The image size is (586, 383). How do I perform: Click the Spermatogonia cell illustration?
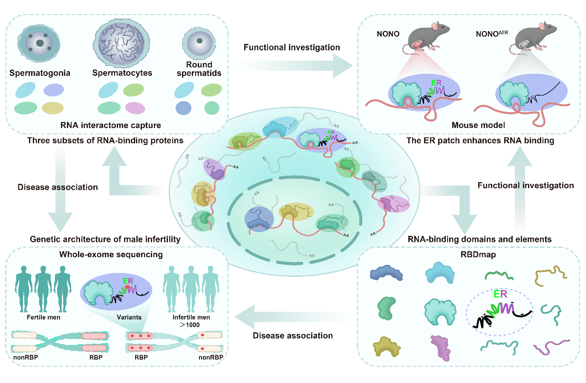tap(39, 44)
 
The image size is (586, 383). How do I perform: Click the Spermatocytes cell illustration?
tap(122, 43)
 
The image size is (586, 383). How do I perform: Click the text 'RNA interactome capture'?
tap(111, 125)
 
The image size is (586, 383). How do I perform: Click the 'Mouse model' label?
tap(478, 125)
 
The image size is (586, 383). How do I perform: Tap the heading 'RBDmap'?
tap(478, 255)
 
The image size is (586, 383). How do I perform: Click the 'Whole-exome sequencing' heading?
tap(111, 255)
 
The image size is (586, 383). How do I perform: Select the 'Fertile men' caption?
tap(43, 317)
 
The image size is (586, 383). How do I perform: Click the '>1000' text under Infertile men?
tap(190, 325)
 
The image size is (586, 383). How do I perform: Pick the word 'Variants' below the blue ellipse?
tap(129, 317)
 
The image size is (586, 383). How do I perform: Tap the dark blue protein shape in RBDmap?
tap(386, 273)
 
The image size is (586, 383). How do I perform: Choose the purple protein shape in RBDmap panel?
tap(441, 347)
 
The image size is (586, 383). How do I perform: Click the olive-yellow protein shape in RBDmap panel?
tap(387, 347)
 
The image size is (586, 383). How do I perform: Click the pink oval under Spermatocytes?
tap(135, 108)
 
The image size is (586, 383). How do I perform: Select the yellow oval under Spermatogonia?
tap(52, 108)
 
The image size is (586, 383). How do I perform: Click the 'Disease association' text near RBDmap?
tap(293, 336)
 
